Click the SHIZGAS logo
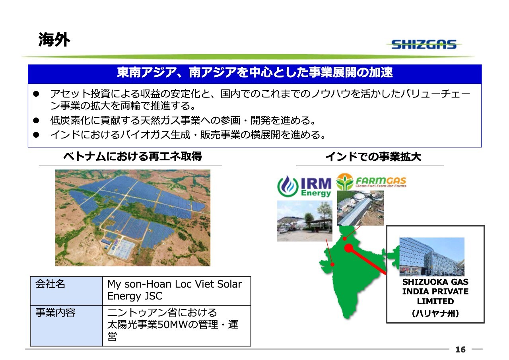pyautogui.click(x=424, y=44)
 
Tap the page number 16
pyautogui.click(x=460, y=350)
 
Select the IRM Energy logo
pyautogui.click(x=304, y=186)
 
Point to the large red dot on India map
pyautogui.click(x=349, y=248)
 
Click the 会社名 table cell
pyautogui.click(x=66, y=291)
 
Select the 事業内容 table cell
pyautogui.click(x=66, y=326)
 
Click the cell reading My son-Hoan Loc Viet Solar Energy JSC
pyautogui.click(x=177, y=291)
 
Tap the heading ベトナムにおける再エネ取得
pyautogui.click(x=132, y=156)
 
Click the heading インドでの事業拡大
pyautogui.click(x=373, y=157)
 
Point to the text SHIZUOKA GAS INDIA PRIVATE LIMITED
pyautogui.click(x=435, y=292)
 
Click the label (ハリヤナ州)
pyautogui.click(x=435, y=313)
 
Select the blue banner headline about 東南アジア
pyautogui.click(x=255, y=72)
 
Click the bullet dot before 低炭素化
pyautogui.click(x=36, y=120)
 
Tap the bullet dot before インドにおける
pyautogui.click(x=36, y=135)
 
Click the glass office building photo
pyautogui.click(x=432, y=257)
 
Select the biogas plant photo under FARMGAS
pyautogui.click(x=361, y=208)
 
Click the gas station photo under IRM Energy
pyautogui.click(x=305, y=221)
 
